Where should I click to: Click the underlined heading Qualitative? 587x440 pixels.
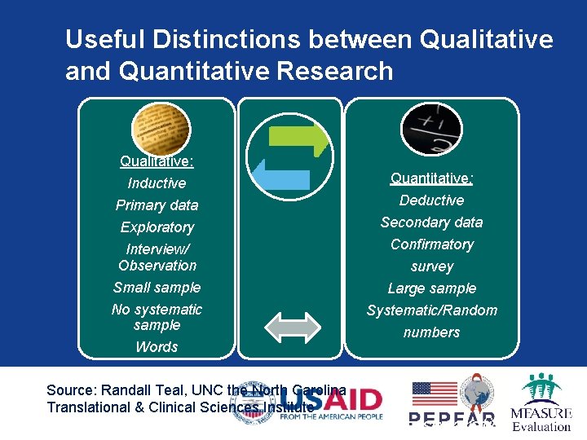coord(157,161)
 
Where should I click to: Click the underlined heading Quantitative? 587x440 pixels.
coord(431,178)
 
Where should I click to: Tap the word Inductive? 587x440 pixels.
coord(157,183)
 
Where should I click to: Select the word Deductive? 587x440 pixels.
coord(431,200)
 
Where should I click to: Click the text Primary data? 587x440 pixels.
coord(157,205)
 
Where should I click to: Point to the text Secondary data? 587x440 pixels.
coord(431,222)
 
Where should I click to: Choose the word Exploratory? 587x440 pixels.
coord(157,227)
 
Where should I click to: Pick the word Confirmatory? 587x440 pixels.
coord(431,244)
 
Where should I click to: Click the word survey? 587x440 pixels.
coord(431,266)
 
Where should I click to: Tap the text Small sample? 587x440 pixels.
coord(157,288)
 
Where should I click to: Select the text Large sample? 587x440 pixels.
coord(431,288)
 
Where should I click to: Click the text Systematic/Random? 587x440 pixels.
coord(431,310)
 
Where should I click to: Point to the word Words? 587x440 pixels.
coord(157,347)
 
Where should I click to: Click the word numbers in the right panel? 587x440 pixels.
coord(431,332)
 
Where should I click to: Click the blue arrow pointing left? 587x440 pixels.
coord(281,174)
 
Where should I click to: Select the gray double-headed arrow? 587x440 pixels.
coord(293,327)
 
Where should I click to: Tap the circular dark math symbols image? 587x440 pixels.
coord(431,129)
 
